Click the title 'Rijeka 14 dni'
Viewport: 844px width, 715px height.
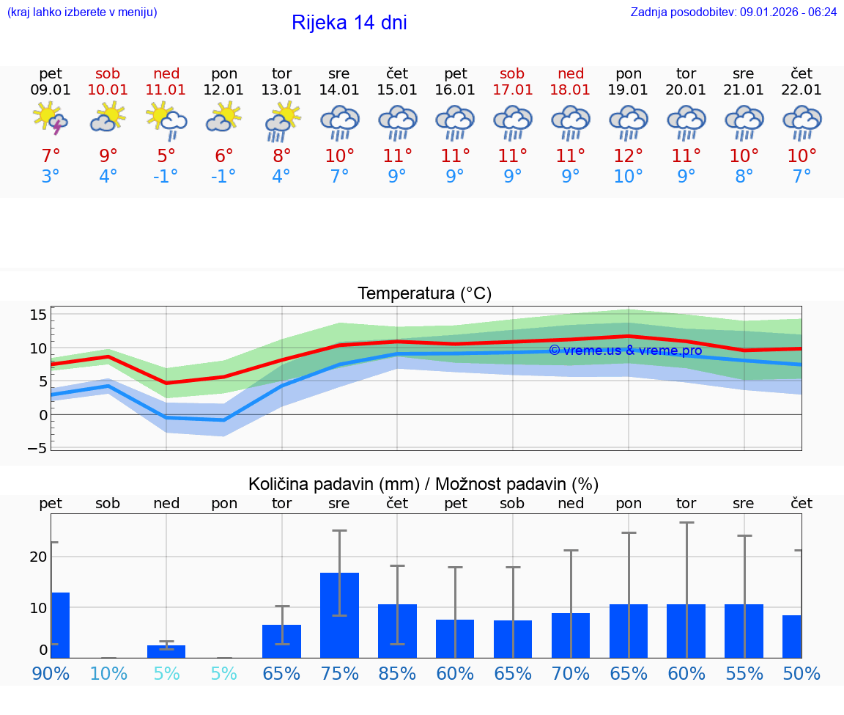point(349,23)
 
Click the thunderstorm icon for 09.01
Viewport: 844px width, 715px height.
point(51,119)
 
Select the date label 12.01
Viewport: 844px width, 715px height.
point(223,90)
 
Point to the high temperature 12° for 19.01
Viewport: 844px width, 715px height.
point(628,156)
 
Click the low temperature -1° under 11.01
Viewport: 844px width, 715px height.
point(166,177)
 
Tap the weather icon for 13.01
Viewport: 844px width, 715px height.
point(281,120)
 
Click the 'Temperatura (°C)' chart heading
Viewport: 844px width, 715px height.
point(424,293)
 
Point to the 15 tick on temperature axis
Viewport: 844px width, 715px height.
point(38,315)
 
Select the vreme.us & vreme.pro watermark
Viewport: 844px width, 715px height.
point(625,351)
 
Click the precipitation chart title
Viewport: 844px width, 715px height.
point(423,484)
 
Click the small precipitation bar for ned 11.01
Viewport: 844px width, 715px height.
point(166,651)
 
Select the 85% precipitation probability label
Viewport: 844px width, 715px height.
point(397,674)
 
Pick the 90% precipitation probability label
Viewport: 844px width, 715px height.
point(51,674)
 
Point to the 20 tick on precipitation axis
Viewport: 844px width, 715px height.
point(38,557)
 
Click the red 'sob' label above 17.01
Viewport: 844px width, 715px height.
point(512,73)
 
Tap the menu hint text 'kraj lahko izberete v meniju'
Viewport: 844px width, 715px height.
point(82,12)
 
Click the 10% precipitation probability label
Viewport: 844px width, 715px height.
point(108,674)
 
